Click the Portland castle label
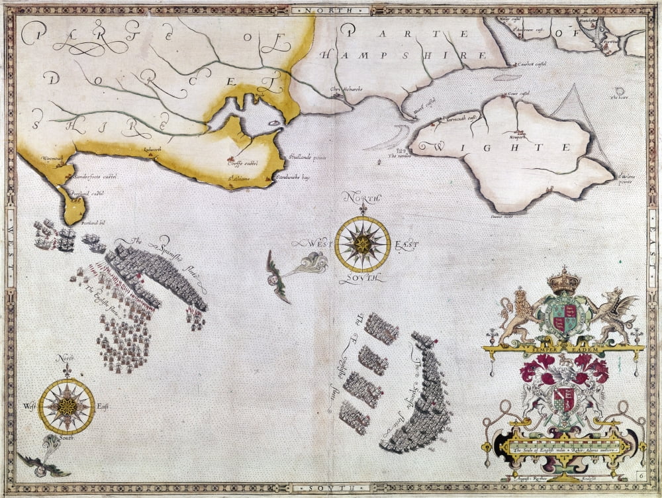click(x=87, y=193)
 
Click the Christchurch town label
click(x=346, y=89)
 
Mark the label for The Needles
click(x=400, y=156)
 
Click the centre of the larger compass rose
click(x=362, y=244)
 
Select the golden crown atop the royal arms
click(x=564, y=279)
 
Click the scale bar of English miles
click(x=563, y=449)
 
